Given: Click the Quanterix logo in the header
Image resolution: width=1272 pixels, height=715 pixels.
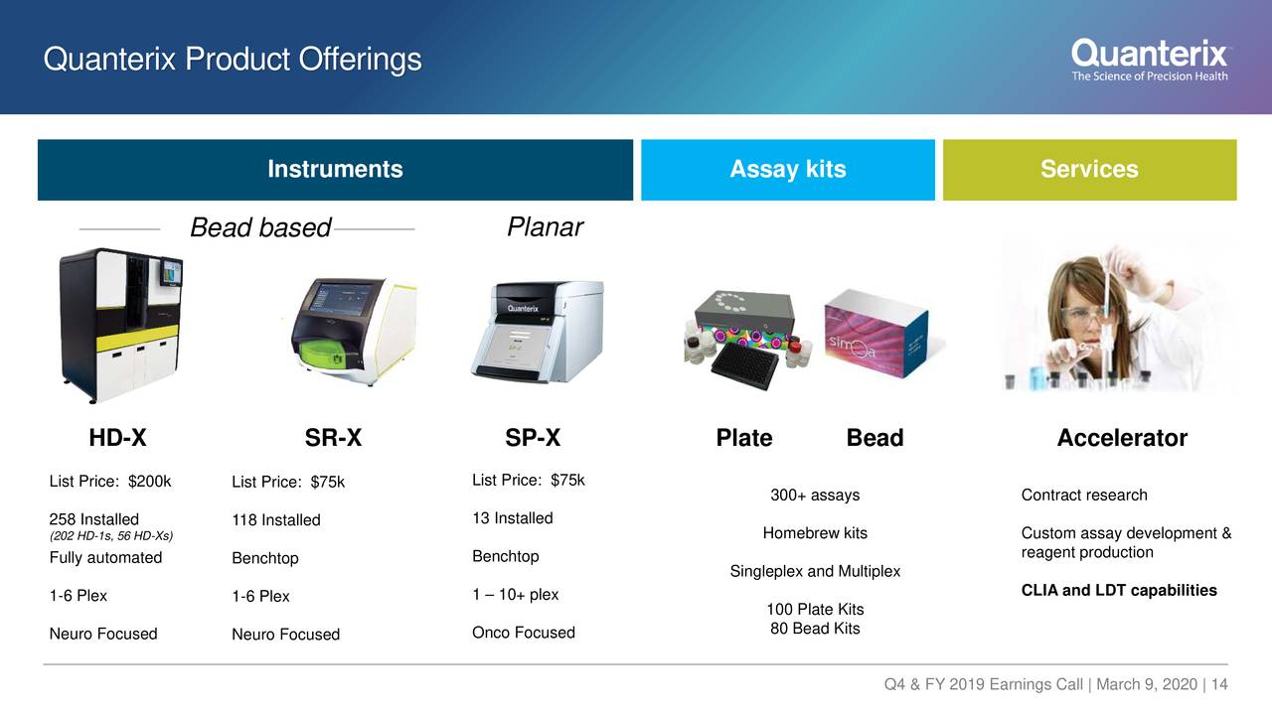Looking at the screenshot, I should [1150, 60].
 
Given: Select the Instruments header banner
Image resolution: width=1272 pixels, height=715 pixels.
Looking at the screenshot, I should [335, 170].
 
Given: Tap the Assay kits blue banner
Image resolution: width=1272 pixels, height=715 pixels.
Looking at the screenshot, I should [787, 170].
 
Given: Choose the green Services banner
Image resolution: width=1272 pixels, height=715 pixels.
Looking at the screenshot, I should [1089, 170].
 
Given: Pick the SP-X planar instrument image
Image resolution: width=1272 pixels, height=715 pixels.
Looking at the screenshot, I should [537, 330].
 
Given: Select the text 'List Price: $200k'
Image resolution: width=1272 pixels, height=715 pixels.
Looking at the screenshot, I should [110, 482].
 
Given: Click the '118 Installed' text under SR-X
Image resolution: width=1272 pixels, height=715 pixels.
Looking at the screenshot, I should [276, 520].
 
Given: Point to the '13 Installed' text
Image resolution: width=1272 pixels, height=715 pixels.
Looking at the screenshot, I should [513, 518].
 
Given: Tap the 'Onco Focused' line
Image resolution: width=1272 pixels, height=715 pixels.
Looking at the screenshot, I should [524, 633].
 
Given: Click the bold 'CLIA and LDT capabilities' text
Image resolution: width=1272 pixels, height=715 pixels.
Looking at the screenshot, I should [1119, 591].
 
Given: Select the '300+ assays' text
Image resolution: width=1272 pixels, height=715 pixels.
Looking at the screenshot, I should [815, 496].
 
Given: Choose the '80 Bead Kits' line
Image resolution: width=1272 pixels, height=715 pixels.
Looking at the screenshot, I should [815, 629].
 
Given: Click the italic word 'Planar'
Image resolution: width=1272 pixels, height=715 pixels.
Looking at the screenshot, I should [545, 227].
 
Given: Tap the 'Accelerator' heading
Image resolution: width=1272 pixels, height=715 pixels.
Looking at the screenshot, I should [1122, 438].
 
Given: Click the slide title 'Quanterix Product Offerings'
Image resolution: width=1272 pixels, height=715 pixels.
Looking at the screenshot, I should [233, 61].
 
